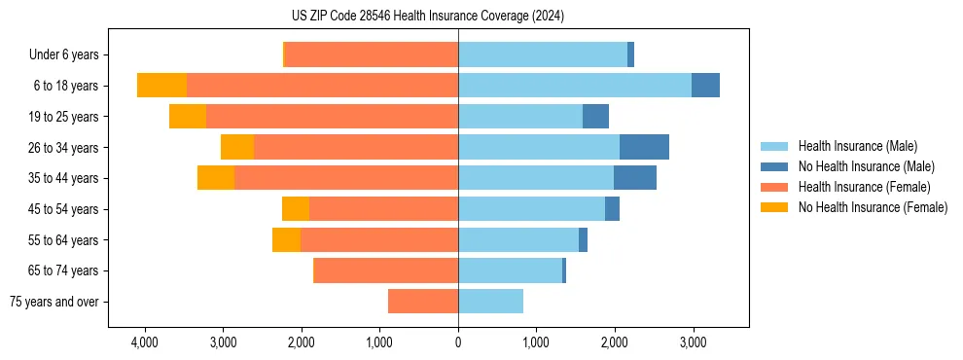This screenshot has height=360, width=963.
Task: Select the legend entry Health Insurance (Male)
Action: pos(857,146)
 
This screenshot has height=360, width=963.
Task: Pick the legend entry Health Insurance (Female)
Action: pos(864,187)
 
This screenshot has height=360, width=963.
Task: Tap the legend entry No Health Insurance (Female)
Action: pos(873,207)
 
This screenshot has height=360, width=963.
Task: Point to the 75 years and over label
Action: pos(53,302)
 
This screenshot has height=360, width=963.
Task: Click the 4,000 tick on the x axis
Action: pos(144,342)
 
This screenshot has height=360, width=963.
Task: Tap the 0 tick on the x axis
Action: pos(458,342)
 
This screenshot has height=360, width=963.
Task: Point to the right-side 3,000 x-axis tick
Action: pos(693,342)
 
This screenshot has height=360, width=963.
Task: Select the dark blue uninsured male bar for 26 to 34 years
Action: pos(644,147)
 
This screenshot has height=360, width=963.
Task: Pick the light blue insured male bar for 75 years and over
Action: pos(490,302)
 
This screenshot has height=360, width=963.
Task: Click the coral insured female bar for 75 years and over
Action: pos(423,302)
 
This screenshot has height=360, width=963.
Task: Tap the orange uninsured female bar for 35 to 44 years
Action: pos(216,178)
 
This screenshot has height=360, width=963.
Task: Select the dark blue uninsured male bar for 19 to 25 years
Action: pos(595,117)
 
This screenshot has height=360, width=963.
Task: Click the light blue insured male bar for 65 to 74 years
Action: pos(510,270)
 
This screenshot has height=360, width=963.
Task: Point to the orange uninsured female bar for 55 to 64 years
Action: pos(286,240)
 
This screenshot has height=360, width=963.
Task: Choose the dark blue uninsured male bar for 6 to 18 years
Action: pos(705,86)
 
